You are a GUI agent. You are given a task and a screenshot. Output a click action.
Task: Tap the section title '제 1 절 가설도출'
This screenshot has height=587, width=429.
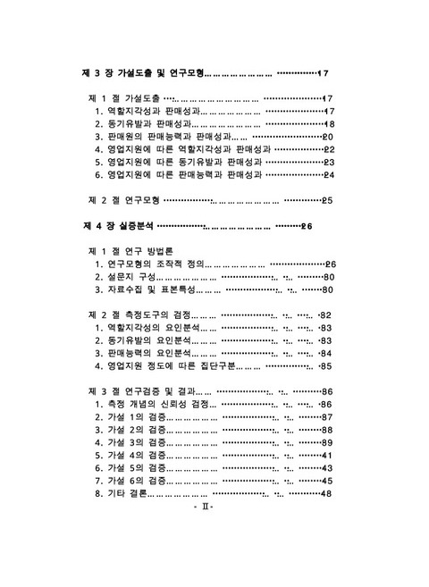(x=124, y=98)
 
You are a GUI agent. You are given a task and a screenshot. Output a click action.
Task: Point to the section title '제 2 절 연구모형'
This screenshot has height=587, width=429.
(x=124, y=200)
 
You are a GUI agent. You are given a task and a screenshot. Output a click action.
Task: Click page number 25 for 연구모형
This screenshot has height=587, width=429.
(x=327, y=200)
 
